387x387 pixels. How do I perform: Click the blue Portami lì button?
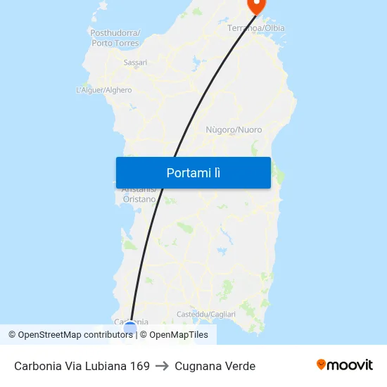coord(193,173)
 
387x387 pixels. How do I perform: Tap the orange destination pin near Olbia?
coord(256,4)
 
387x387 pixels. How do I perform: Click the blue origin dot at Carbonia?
coord(130,326)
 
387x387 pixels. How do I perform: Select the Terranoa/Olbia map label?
coord(256,28)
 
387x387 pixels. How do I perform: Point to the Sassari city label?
coord(135,63)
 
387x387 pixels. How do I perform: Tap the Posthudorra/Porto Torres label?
coord(115,38)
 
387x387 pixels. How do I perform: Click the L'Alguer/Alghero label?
coord(103,90)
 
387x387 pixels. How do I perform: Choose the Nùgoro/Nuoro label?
coord(234,130)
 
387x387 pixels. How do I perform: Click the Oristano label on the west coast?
coord(139,199)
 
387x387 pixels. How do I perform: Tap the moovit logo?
coord(344,365)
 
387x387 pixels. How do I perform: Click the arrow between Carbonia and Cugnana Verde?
coord(162,366)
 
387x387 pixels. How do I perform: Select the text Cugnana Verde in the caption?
coord(215,366)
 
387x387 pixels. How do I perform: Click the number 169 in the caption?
coord(139,366)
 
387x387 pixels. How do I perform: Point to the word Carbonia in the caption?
coord(39,366)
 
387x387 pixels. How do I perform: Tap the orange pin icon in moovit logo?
coord(322,364)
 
